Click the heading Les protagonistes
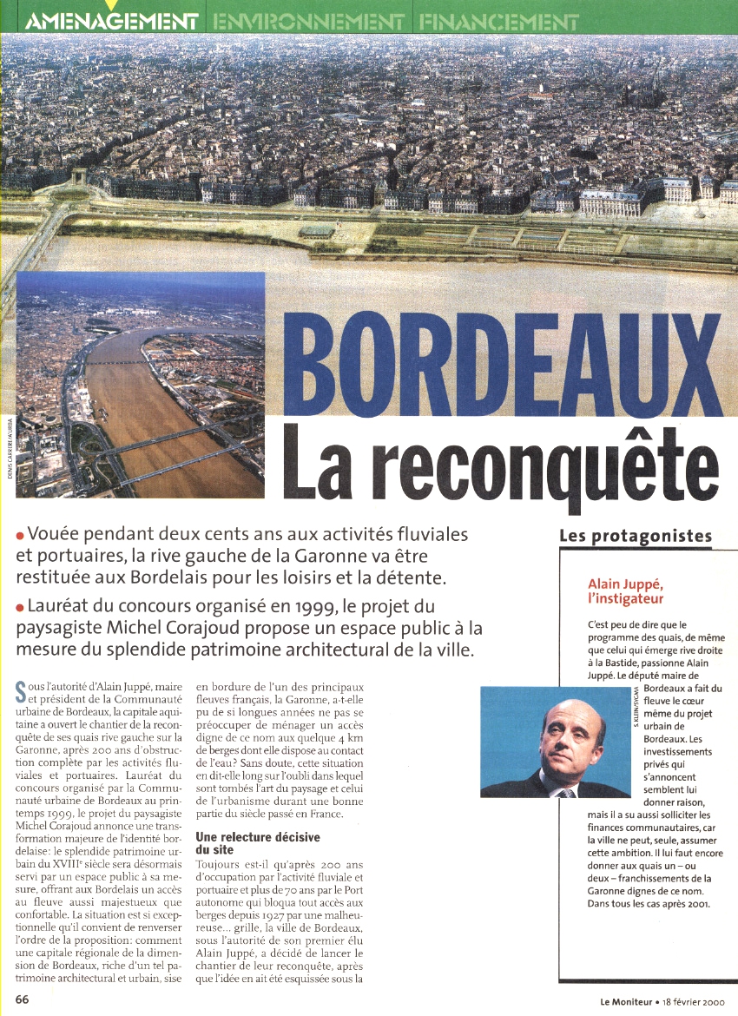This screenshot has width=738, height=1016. (x=636, y=536)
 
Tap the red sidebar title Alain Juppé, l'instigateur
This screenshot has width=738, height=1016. (x=627, y=591)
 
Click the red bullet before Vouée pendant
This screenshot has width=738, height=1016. (x=19, y=535)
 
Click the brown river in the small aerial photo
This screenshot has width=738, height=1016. (x=139, y=408)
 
